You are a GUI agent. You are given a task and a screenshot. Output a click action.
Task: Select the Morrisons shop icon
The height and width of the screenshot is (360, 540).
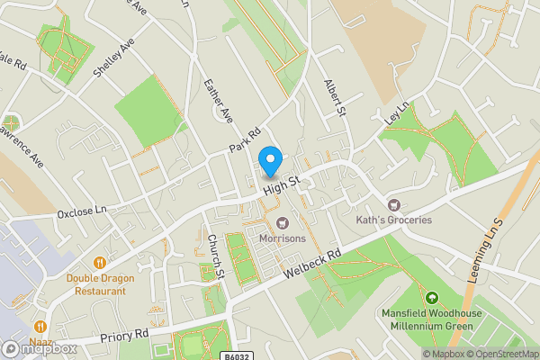pyautogui.click(x=283, y=222)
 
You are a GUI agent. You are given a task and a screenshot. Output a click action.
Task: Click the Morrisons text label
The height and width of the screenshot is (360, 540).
pyautogui.click(x=283, y=238)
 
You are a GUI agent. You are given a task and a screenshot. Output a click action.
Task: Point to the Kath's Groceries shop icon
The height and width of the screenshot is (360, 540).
pyautogui.click(x=393, y=204)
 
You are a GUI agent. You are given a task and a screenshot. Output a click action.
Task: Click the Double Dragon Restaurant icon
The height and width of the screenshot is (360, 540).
pyautogui.click(x=100, y=263)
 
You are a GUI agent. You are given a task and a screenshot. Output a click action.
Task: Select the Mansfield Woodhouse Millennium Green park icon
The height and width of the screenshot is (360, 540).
pyautogui.click(x=431, y=298)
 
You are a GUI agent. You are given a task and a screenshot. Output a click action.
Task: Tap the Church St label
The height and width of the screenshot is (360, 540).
pyautogui.click(x=213, y=257)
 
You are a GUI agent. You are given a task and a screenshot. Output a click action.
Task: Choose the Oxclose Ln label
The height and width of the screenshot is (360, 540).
pyautogui.click(x=82, y=212)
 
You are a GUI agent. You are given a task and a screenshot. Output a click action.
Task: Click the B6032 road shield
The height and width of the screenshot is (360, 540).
pyautogui.click(x=236, y=355)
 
